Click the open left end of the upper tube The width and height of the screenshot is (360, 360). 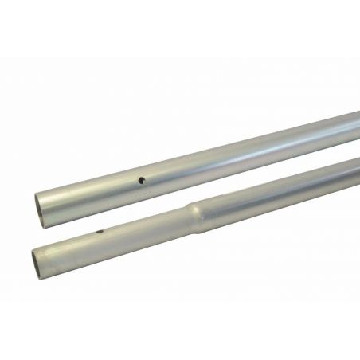click(x=39, y=196)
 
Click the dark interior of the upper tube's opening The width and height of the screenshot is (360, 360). click(x=38, y=197)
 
